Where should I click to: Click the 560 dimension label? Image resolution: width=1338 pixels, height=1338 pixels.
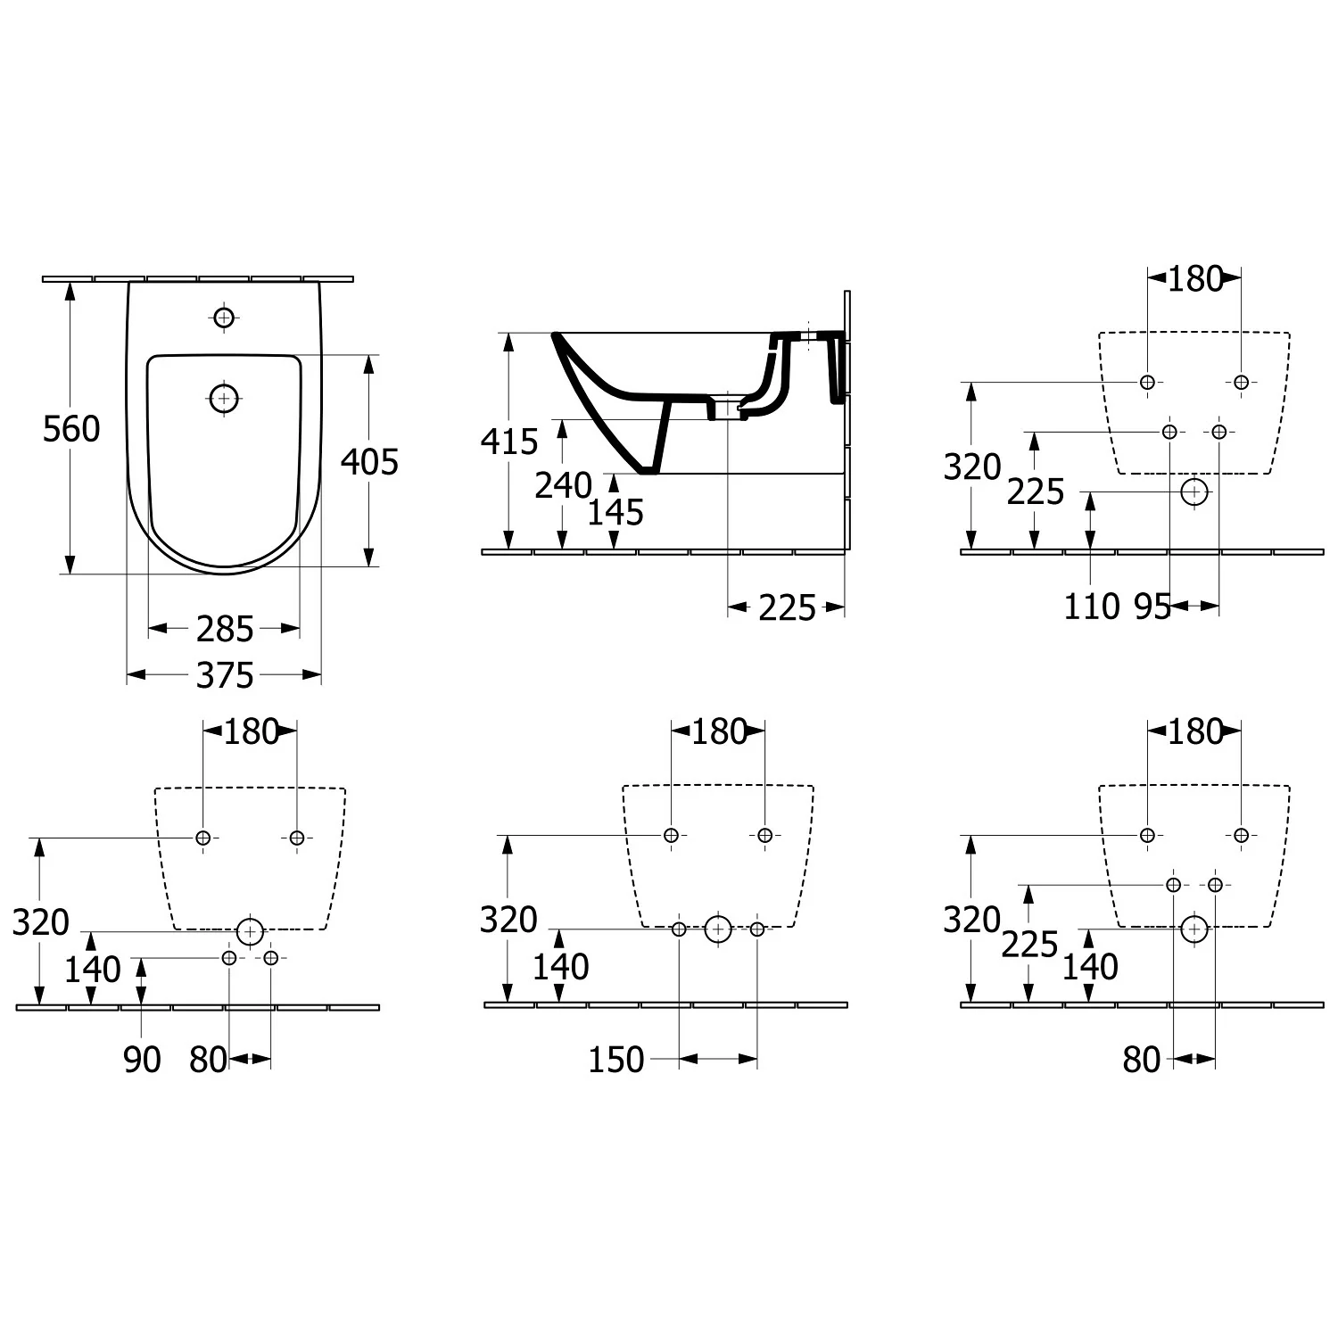[71, 430]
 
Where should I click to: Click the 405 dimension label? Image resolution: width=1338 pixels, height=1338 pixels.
[370, 462]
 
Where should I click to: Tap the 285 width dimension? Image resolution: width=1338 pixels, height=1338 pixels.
[225, 630]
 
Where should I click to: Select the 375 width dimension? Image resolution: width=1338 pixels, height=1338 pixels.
[225, 675]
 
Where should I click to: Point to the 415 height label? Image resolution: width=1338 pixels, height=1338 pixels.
[509, 442]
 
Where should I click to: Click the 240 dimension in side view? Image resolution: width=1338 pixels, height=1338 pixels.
[564, 485]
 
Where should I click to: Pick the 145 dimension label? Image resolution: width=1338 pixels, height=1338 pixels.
[615, 512]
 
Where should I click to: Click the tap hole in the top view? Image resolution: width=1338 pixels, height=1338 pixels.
[224, 317]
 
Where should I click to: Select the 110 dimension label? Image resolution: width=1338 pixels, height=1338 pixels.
[1092, 607]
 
